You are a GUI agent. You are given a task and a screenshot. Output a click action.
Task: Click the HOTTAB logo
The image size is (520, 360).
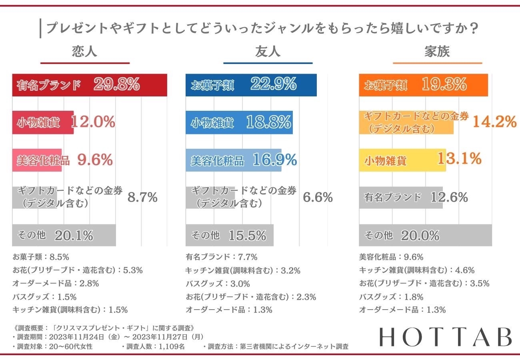click(x=445, y=338)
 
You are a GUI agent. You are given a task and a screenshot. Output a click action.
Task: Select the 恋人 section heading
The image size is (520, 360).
click(x=85, y=52)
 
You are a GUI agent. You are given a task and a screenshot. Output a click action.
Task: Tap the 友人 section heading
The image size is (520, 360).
click(x=268, y=52)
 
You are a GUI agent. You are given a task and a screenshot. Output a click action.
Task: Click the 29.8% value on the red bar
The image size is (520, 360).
click(x=116, y=85)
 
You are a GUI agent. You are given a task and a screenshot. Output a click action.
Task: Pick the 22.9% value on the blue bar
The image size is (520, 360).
click(x=274, y=85)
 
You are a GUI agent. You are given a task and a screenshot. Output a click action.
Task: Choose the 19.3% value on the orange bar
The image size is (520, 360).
click(x=444, y=85)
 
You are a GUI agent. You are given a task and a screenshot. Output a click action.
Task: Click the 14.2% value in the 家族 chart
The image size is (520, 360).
click(x=494, y=122)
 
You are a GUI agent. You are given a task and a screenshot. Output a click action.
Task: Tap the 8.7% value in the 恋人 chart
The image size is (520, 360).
click(x=142, y=197)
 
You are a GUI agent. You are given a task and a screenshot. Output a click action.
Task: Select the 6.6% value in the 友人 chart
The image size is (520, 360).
click(x=318, y=197)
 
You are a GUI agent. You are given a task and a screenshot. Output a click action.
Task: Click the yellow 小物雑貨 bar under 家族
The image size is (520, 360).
click(x=402, y=160)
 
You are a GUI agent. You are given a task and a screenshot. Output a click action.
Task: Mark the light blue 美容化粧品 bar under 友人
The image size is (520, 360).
click(x=233, y=160)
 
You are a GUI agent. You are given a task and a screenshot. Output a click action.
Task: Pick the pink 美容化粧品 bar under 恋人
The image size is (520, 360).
click(x=37, y=160)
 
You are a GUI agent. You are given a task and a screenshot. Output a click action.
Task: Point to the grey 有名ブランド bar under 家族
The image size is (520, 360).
click(x=400, y=197)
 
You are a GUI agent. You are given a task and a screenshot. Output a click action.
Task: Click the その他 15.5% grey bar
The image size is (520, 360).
click(x=229, y=235)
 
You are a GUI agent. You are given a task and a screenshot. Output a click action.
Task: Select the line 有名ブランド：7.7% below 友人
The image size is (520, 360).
click(x=221, y=257)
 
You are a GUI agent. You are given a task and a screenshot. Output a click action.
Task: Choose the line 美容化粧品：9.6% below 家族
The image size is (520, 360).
click(x=391, y=257)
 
